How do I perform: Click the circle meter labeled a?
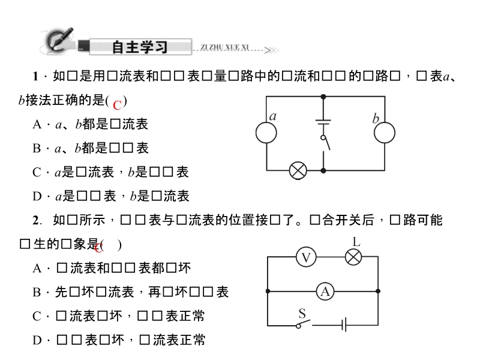[x=266, y=133]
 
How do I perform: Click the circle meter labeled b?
[x=385, y=133]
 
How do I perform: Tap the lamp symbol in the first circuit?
[x=298, y=170]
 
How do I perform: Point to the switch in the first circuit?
[x=325, y=144]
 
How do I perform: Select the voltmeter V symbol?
[x=306, y=257]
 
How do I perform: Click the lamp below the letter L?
[x=354, y=257]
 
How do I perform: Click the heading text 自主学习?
[x=139, y=47]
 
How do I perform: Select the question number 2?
[x=36, y=221]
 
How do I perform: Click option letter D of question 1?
[x=37, y=196]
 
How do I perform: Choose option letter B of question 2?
[x=36, y=293]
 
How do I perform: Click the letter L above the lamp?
[x=356, y=242]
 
